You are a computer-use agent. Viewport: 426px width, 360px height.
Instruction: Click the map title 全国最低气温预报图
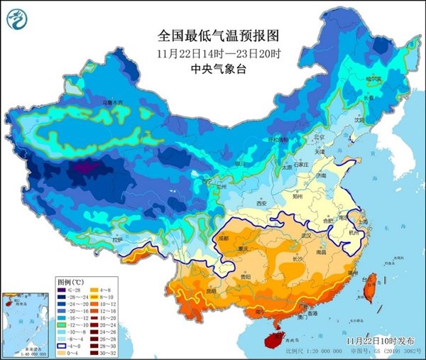click(x=212, y=35)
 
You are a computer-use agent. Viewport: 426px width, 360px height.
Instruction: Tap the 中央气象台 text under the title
click(x=212, y=68)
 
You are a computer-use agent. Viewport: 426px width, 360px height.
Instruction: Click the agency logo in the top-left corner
click(x=19, y=20)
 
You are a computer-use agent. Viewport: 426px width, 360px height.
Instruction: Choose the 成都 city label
click(x=225, y=238)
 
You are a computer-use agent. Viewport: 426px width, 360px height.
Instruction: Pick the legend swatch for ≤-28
click(x=65, y=290)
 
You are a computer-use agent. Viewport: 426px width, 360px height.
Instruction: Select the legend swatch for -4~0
click(x=65, y=345)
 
